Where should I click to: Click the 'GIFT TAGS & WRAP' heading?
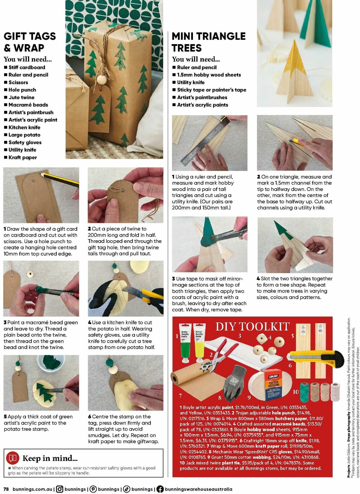(x=29, y=42)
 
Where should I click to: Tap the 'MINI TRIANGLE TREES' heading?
(x=208, y=42)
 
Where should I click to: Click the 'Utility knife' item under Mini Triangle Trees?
(x=190, y=82)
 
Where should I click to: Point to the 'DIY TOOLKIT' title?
(x=252, y=326)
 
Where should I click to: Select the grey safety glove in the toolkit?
(x=235, y=383)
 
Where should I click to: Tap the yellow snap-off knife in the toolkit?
(x=315, y=359)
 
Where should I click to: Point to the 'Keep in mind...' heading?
(x=50, y=458)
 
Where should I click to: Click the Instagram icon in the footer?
(x=60, y=489)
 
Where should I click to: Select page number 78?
(x=7, y=489)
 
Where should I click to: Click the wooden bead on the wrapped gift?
(x=101, y=80)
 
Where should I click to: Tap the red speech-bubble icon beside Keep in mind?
(x=13, y=458)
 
